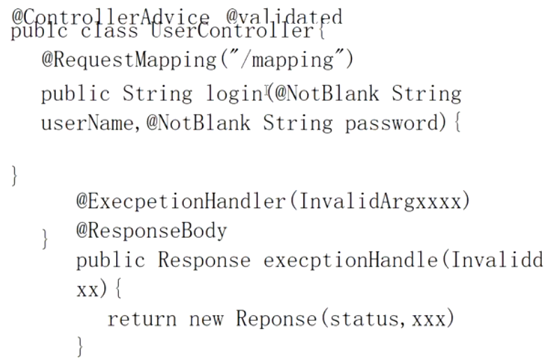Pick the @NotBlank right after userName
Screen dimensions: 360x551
pos(198,124)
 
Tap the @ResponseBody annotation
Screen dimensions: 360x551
pos(152,231)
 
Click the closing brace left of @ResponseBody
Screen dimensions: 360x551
pos(45,240)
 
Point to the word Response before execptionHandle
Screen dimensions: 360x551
pos(203,261)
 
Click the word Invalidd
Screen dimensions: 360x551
pos(497,261)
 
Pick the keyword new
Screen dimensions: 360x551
pos(206,319)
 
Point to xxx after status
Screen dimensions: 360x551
pos(434,319)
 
